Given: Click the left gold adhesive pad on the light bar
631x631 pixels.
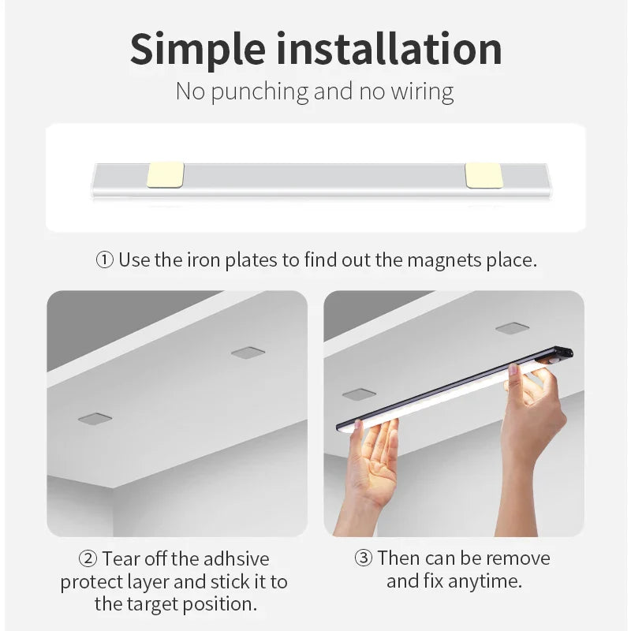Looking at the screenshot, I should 166,175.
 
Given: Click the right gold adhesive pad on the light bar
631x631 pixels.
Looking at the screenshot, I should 484,175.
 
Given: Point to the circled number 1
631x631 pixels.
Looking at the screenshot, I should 105,260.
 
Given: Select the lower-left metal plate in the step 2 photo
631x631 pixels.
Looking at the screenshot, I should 95,418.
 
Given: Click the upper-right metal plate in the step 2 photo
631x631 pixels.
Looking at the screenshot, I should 248,353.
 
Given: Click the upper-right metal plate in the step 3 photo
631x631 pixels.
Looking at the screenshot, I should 512,328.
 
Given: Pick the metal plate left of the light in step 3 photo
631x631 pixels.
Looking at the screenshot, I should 359,394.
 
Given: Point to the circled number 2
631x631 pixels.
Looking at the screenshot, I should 88,559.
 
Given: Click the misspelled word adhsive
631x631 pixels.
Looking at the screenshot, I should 236,559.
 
